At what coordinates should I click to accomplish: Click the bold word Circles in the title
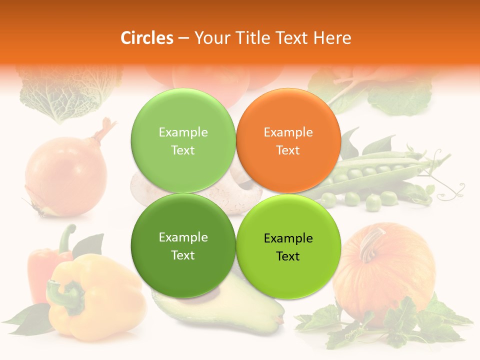click(x=146, y=38)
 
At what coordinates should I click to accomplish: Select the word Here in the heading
click(x=332, y=38)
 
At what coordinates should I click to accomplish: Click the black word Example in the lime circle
click(x=288, y=238)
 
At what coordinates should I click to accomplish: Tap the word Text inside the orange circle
click(x=288, y=150)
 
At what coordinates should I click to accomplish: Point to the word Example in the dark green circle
click(x=183, y=237)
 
